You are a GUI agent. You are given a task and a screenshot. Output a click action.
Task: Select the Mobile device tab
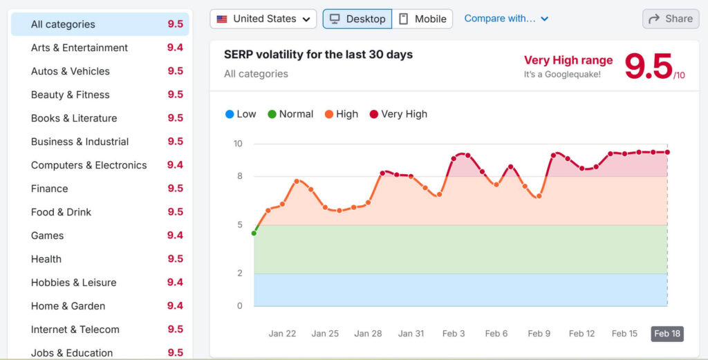(x=422, y=19)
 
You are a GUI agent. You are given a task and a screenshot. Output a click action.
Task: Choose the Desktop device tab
(x=357, y=19)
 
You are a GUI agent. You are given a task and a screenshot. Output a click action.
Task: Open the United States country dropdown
(x=263, y=19)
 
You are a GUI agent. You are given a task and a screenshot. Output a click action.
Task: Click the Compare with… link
(x=506, y=19)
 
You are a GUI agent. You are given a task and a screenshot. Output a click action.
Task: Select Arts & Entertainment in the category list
(x=80, y=48)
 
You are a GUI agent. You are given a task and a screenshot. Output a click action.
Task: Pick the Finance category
(x=50, y=189)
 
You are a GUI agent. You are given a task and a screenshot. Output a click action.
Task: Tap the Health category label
(x=46, y=259)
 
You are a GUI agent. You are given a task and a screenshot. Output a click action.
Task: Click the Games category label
(x=47, y=236)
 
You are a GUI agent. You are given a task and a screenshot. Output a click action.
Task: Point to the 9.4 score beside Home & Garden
(x=175, y=306)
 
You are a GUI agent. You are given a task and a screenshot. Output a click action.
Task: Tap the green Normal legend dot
(x=272, y=114)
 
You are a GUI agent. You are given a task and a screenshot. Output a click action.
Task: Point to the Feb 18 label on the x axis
(x=667, y=334)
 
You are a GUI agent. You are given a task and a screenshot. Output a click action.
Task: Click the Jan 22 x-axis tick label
(x=282, y=334)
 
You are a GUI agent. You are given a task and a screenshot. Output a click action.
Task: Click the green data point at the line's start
(x=254, y=234)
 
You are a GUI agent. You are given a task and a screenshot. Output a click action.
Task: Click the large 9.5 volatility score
(x=649, y=66)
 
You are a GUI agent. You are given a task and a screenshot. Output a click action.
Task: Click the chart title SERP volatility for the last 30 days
(x=318, y=54)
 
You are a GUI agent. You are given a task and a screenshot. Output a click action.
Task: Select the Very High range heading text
(x=568, y=60)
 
